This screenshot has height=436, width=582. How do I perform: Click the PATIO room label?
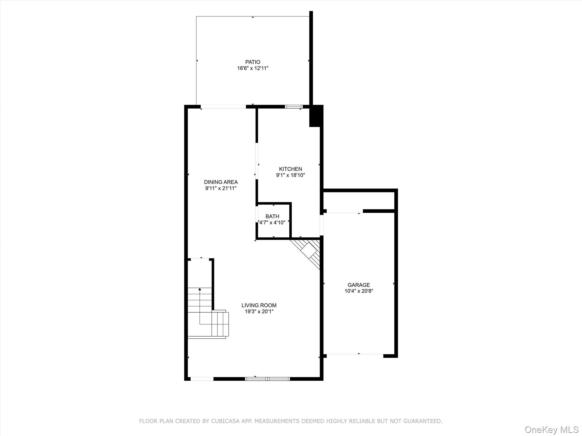[253, 62]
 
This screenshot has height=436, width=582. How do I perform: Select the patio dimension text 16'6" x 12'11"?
[253, 68]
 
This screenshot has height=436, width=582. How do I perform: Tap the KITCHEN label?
[290, 169]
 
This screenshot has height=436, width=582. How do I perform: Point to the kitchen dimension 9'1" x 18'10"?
[290, 175]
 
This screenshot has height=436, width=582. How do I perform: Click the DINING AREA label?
[221, 182]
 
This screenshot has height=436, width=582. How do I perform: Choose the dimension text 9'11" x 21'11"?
[221, 188]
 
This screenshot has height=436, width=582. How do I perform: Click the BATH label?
[272, 216]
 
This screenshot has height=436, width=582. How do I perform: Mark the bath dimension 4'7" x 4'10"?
[272, 223]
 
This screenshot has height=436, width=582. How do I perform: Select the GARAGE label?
[359, 285]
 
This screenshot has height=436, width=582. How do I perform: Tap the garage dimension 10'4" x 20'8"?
[359, 291]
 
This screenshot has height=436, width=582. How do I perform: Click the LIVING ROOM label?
[259, 305]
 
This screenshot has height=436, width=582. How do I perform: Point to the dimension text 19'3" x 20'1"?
[259, 311]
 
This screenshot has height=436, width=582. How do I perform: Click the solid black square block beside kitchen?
[316, 116]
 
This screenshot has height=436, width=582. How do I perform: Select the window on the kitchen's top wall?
[294, 107]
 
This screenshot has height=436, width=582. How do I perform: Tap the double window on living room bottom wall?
[267, 379]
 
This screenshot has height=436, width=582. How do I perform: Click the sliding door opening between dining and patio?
[223, 107]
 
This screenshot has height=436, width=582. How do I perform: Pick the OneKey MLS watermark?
[551, 429]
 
